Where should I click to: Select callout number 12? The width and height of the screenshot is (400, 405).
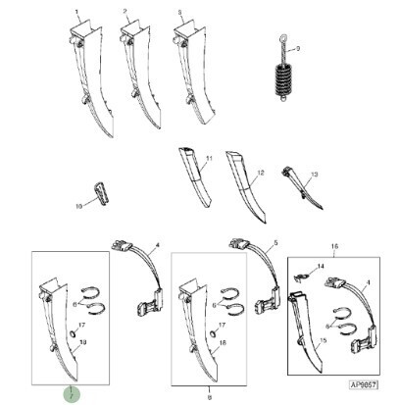click(x=260, y=173)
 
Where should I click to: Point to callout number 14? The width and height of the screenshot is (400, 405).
click(x=319, y=268)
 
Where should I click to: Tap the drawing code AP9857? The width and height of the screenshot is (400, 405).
click(x=362, y=387)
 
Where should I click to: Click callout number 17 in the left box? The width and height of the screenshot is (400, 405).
click(x=82, y=325)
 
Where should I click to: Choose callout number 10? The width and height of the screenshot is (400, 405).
click(x=78, y=207)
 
